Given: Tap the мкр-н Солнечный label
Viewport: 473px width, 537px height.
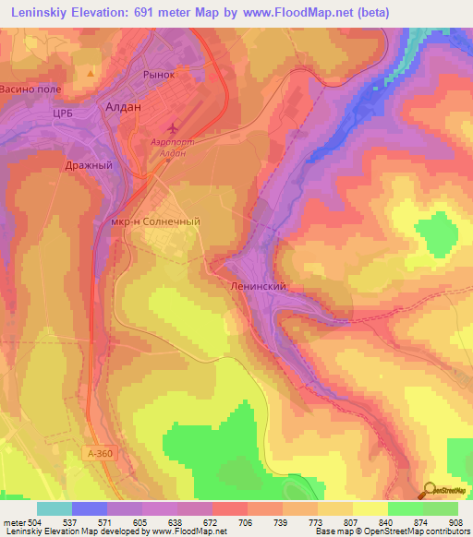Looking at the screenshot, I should tap(155, 221).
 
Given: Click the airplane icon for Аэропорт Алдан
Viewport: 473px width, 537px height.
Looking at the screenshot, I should tap(171, 127).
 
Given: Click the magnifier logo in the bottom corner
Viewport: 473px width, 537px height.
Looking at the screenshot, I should tap(430, 489).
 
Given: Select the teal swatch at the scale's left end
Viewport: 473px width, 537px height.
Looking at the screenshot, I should tap(55, 508).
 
